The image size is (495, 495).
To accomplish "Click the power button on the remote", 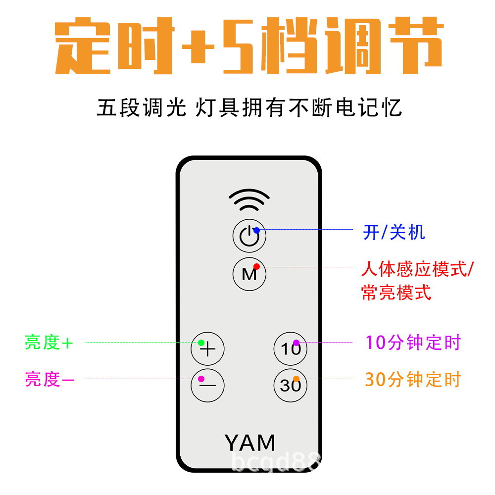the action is pos(249,236).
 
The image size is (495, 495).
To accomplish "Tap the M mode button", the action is pos(249,273).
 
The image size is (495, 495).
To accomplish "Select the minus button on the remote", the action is pos(207,385).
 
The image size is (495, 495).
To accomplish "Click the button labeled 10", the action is pos(291,348).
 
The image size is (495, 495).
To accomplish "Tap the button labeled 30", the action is pos(291,385).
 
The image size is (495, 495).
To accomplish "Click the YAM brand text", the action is pos(249,442).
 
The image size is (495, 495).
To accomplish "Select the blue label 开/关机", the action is pos(394,232).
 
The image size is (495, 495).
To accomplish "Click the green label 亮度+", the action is pos(49,343).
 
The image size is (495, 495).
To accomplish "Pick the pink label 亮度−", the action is pos(49,380).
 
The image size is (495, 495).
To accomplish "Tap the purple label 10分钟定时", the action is pos(413,343).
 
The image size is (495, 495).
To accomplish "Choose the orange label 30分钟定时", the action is pos(413,380).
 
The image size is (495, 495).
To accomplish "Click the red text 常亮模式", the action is pos(396,293).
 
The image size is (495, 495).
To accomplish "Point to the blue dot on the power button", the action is pos(256,230).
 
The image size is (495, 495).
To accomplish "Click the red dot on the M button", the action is pos(256,266).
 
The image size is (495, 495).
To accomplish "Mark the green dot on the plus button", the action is pos(201,343).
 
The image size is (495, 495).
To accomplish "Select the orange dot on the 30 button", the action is pos(296,379).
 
